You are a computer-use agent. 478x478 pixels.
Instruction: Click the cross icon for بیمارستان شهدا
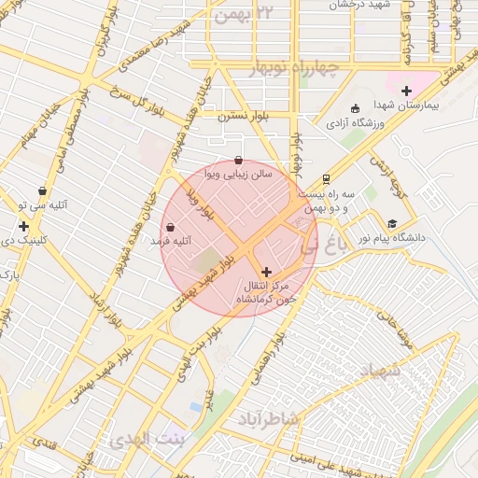[406, 91]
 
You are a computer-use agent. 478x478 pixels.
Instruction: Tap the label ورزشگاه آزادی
[351, 122]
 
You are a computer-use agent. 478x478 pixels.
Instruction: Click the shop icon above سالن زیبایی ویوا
[239, 160]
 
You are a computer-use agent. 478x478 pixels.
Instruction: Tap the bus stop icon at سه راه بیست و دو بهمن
[326, 178]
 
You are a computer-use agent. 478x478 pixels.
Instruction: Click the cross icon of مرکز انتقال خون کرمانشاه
[267, 271]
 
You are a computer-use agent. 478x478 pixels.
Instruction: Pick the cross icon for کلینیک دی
[23, 226]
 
